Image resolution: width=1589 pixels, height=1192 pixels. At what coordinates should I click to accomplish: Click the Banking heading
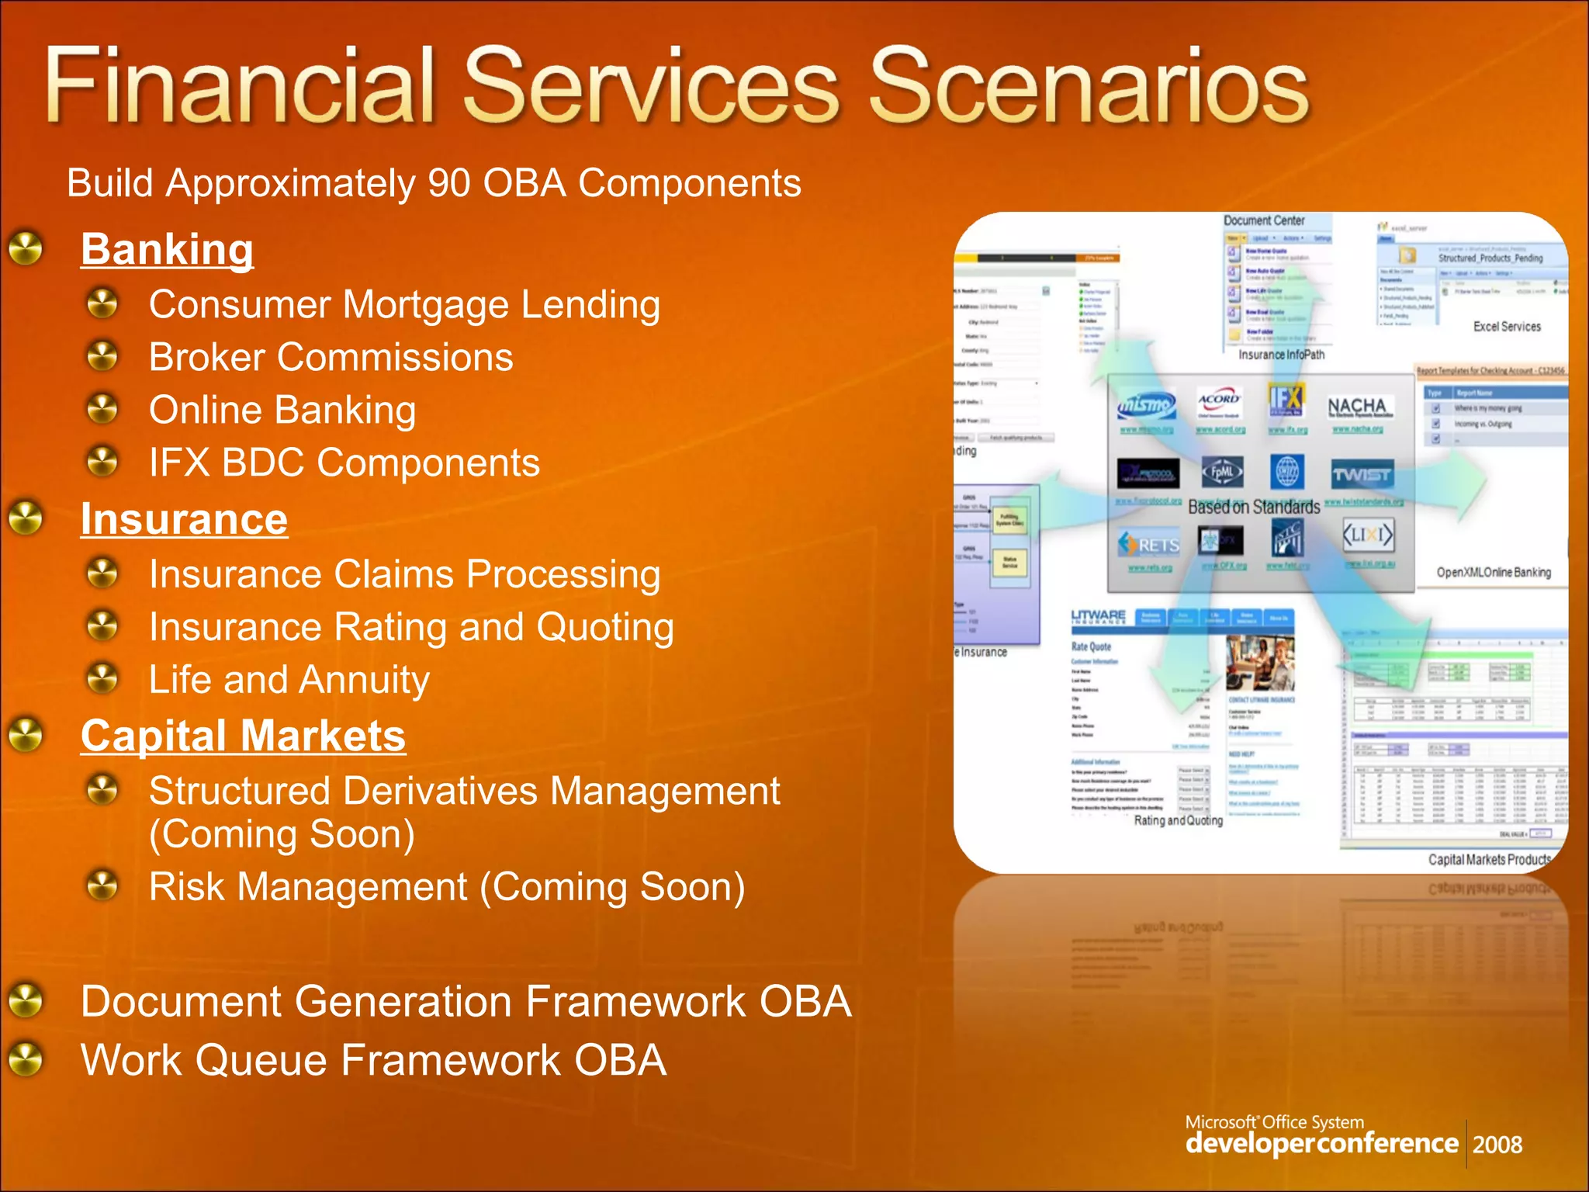pos(167,250)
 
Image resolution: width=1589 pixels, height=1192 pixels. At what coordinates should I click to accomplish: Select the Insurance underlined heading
pos(184,519)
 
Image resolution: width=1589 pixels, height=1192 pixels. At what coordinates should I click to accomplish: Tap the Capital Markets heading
pos(243,736)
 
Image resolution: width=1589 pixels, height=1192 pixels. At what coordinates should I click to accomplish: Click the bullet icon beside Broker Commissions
pos(102,356)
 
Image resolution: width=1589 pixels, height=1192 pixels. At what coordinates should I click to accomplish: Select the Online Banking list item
pos(282,410)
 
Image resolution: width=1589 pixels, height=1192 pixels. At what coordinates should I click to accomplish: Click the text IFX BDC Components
pos(344,463)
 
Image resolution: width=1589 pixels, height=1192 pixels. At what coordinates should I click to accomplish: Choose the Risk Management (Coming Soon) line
pos(447,886)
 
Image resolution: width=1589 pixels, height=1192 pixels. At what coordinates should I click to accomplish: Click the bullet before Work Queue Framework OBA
pos(26,1059)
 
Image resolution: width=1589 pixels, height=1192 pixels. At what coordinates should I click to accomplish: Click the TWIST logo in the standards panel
pos(1362,474)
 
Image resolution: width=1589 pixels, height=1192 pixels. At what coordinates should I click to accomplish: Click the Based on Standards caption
pos(1254,508)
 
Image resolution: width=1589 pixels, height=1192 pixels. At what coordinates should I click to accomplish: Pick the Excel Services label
pos(1507,327)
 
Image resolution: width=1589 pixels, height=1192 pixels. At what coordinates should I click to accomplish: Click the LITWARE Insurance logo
pos(1099,617)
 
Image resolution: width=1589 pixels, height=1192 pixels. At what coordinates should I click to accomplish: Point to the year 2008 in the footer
pos(1497,1145)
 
